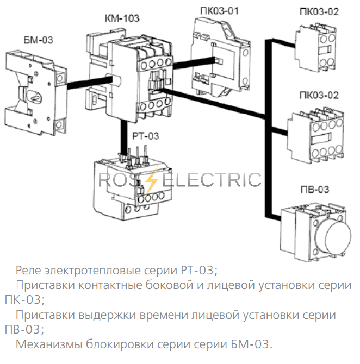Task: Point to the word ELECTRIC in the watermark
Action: click(x=211, y=179)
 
